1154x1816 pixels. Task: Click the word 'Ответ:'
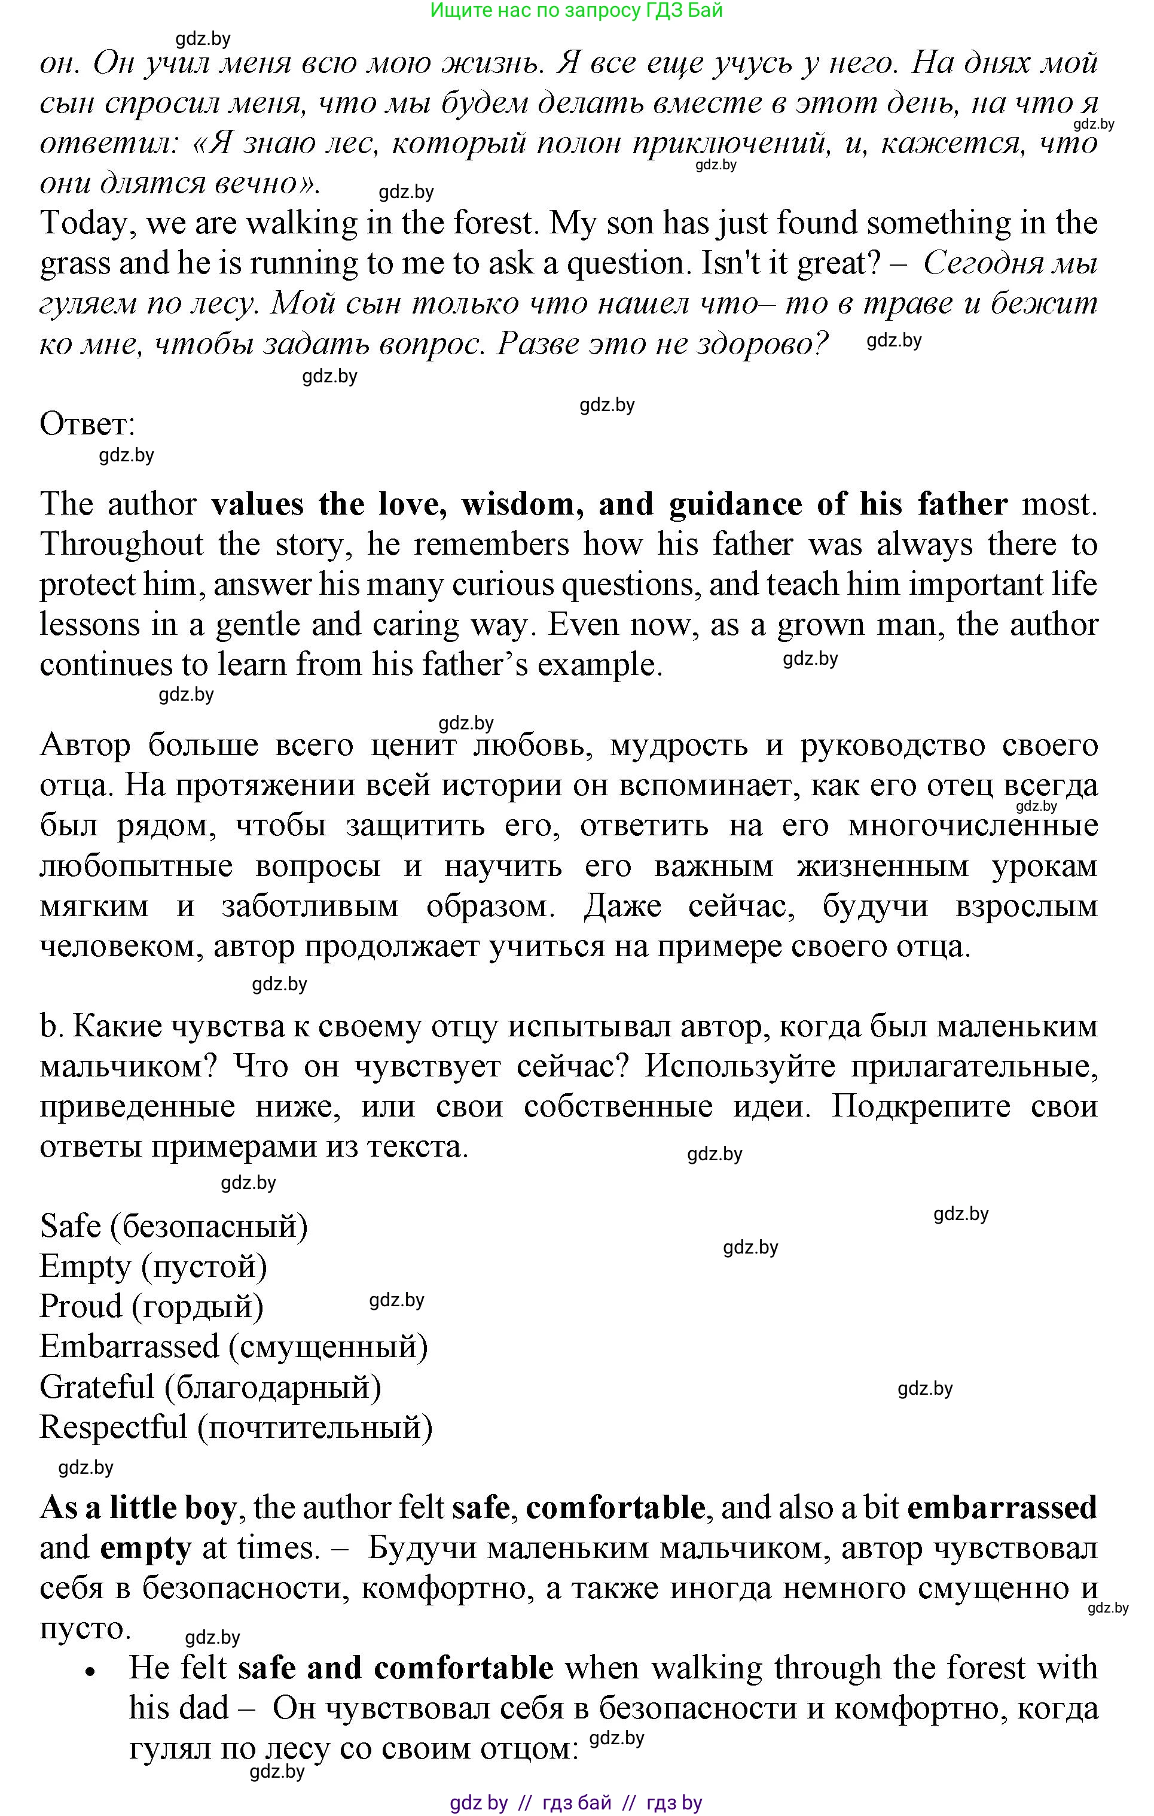[x=87, y=425]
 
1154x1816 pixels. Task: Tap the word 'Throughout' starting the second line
[x=121, y=544]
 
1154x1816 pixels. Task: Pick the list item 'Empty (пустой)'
[x=153, y=1266]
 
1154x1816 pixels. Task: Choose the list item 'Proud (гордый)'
[x=151, y=1306]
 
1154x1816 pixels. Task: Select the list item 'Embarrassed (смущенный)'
[x=234, y=1346]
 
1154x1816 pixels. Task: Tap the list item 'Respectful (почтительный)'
[x=236, y=1427]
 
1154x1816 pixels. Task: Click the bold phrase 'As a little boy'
[x=138, y=1508]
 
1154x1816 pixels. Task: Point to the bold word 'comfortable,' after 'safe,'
[x=616, y=1508]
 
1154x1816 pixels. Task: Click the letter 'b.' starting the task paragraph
[x=49, y=1026]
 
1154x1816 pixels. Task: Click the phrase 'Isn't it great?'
[x=790, y=263]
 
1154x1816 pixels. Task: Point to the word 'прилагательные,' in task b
[x=974, y=1066]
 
